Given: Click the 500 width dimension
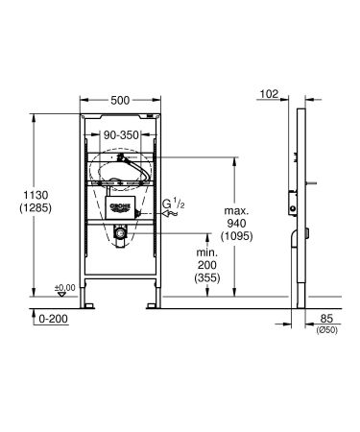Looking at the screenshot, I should click(120, 98).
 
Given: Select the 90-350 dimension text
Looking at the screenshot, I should click(121, 137).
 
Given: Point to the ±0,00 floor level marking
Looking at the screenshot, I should click(65, 288).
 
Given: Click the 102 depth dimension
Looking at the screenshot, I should click(270, 94).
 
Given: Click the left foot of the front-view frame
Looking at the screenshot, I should click(88, 306).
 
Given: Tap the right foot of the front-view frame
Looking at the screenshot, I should click(153, 306).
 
